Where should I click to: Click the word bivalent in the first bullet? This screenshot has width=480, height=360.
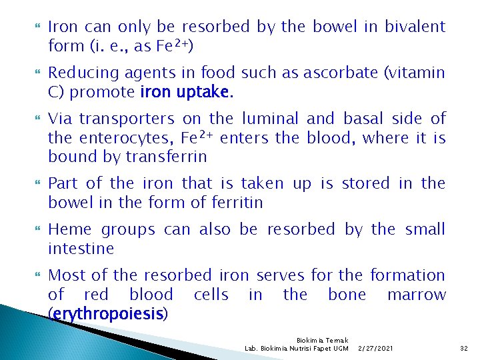pyautogui.click(x=415, y=27)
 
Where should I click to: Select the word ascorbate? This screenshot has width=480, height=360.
pyautogui.click(x=337, y=73)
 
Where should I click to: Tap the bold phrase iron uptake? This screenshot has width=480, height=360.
pyautogui.click(x=184, y=92)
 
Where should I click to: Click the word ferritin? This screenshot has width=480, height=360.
pyautogui.click(x=235, y=202)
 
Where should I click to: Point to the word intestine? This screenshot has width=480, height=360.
pyautogui.click(x=81, y=249)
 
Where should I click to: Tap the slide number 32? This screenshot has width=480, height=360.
pyautogui.click(x=464, y=348)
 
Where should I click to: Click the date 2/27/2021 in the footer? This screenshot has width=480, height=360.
pyautogui.click(x=375, y=348)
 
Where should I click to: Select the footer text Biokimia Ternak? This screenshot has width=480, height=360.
pyautogui.click(x=323, y=340)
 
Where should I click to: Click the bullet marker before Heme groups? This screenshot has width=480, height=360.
pyautogui.click(x=37, y=230)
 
